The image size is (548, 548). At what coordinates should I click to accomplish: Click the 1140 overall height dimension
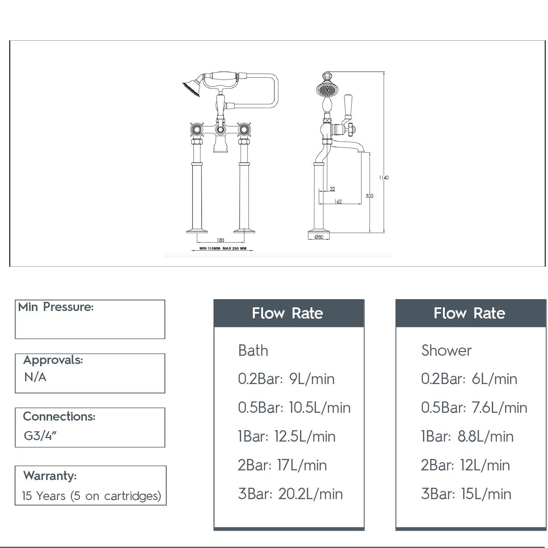[384, 178]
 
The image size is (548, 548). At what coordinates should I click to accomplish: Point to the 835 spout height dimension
[369, 196]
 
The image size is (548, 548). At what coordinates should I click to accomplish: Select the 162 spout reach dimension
[338, 202]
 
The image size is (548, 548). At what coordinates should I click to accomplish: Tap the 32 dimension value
[332, 189]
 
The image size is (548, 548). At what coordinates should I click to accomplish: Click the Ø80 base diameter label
[319, 237]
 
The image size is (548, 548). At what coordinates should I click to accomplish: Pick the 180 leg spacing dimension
[220, 240]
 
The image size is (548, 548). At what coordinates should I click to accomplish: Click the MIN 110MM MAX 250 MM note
[223, 249]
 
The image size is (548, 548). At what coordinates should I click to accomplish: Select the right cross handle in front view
[244, 130]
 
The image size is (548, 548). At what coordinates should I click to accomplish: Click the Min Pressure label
[56, 307]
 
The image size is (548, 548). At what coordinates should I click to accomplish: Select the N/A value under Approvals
[35, 377]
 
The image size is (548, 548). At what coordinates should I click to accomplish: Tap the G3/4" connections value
[40, 435]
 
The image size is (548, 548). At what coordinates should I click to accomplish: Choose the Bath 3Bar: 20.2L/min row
[290, 494]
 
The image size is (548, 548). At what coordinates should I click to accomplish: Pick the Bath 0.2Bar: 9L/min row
[286, 379]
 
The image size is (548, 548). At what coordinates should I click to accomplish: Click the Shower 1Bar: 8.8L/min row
[467, 437]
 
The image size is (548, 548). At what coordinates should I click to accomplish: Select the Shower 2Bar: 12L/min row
[465, 465]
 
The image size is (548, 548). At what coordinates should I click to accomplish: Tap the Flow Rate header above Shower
[469, 313]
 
